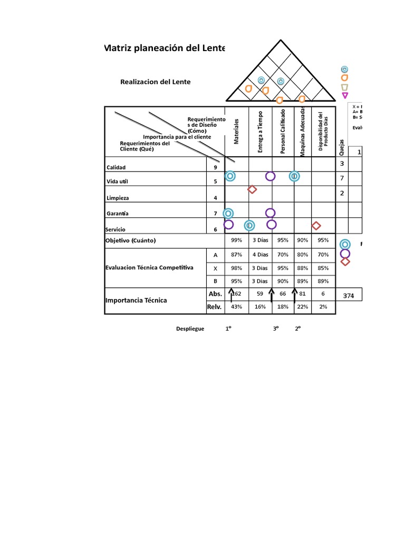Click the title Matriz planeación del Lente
(165, 48)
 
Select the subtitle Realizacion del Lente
(156, 82)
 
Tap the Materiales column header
(237, 132)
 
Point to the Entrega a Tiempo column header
(261, 132)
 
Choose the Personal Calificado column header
(283, 132)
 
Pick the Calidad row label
(116, 167)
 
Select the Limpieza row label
(118, 198)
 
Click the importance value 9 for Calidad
(215, 167)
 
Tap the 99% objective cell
(237, 241)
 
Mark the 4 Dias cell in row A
(260, 255)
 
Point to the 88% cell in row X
(303, 268)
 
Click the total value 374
(349, 296)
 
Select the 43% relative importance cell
(237, 306)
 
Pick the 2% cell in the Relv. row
(323, 306)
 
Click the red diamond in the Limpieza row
(252, 189)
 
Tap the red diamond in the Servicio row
(316, 226)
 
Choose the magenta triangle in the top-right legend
(345, 95)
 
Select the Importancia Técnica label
(136, 301)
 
